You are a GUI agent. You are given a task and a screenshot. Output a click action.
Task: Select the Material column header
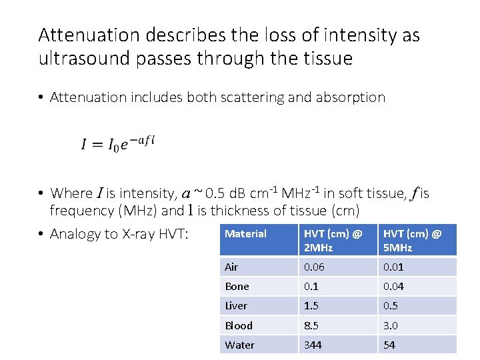(x=245, y=234)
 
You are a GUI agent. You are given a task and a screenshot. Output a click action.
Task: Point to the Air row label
(x=231, y=267)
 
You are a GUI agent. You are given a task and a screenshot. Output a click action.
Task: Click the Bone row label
(x=237, y=287)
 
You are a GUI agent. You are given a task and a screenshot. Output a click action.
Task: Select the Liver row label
(x=236, y=306)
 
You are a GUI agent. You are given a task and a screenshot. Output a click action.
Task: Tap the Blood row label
(x=239, y=325)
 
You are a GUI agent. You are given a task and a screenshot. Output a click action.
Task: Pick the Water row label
(x=239, y=345)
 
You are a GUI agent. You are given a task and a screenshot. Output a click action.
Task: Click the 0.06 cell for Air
(x=315, y=267)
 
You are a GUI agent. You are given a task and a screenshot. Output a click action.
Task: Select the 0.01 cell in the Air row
(x=393, y=267)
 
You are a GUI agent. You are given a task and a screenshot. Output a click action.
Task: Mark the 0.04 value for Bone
(x=393, y=287)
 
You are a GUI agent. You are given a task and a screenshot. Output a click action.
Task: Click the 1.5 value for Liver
(x=311, y=306)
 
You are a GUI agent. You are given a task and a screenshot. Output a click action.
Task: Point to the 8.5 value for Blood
(x=311, y=325)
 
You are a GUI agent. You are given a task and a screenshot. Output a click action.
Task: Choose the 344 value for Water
(x=313, y=345)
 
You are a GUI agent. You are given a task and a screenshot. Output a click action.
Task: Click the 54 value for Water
(x=388, y=345)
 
